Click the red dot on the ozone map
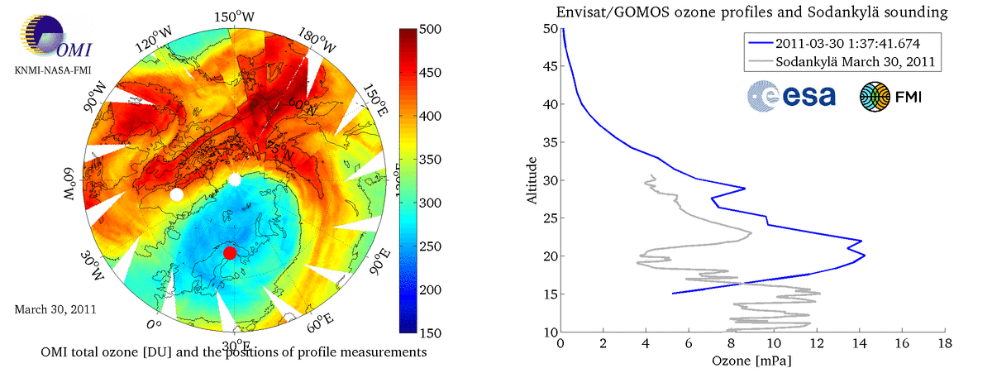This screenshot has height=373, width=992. tap(230, 252)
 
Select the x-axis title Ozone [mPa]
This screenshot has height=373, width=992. tap(752, 361)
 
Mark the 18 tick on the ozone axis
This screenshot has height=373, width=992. tap(944, 343)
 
